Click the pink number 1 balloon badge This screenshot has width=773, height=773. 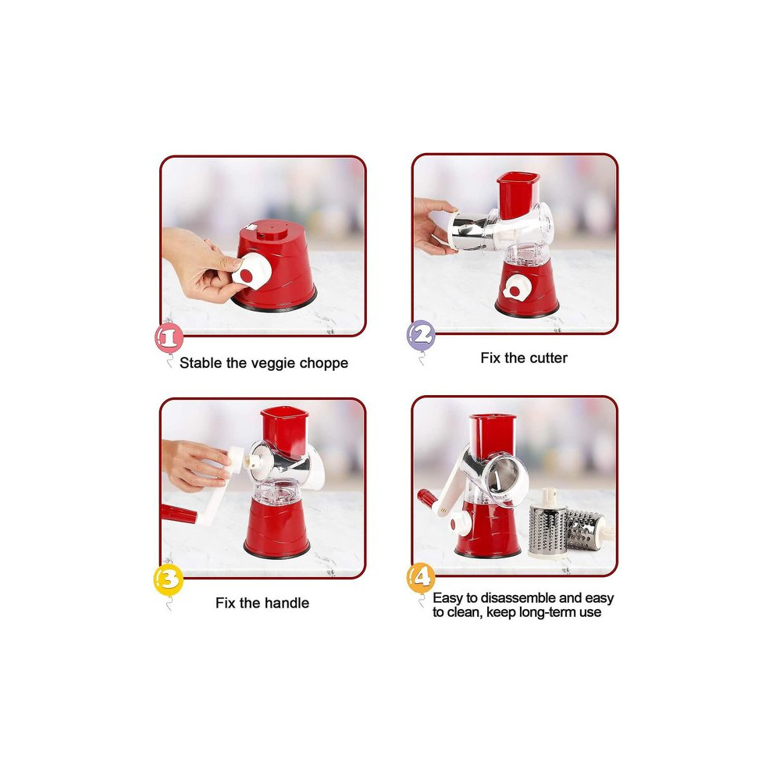169,337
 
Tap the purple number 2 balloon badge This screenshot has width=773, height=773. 421,335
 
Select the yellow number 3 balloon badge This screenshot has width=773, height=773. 169,579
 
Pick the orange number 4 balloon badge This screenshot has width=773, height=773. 421,578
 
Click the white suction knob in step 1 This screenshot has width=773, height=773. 251,271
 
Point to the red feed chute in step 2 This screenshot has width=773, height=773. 518,196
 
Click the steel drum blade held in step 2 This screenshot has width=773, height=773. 468,230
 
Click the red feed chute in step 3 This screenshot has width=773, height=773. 285,430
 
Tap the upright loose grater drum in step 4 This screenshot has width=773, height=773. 547,524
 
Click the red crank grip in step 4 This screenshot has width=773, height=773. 427,498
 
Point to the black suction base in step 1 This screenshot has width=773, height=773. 274,302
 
